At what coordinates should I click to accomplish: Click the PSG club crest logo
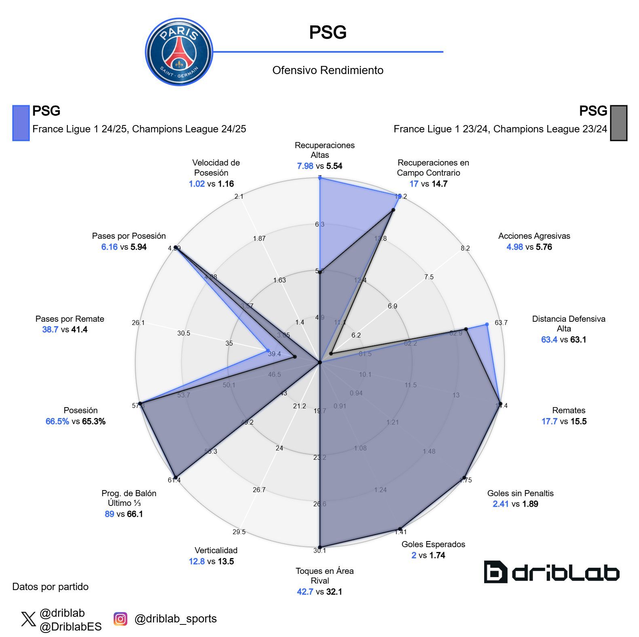coord(179,52)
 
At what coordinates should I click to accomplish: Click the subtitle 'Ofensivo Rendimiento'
coord(328,70)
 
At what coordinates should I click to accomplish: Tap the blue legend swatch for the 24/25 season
coord(21,123)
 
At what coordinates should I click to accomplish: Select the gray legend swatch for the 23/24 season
coord(618,123)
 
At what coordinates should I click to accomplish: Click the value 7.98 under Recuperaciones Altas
coord(305,166)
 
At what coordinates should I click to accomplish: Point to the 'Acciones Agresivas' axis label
coord(534,236)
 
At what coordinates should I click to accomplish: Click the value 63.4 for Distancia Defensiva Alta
coord(549,340)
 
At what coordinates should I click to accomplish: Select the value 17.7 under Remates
coord(549,421)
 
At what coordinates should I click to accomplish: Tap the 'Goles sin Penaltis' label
coord(520,493)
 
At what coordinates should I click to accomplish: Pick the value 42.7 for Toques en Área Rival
coord(305,592)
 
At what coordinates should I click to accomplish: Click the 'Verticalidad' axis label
coord(216,550)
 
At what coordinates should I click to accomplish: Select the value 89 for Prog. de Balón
coord(109,514)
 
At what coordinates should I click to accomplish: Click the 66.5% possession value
coord(57,421)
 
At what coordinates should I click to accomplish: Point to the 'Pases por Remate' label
coord(70,319)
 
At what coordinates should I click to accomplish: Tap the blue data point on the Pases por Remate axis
coord(267,350)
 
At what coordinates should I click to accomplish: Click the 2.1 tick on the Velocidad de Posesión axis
coord(239,196)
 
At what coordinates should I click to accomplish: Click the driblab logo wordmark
coord(552,572)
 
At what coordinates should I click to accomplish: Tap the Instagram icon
coord(120,619)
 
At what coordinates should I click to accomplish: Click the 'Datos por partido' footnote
coord(50,587)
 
